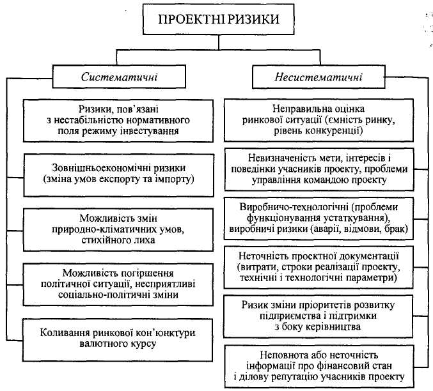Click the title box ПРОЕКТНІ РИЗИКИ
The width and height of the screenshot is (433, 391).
(x=218, y=19)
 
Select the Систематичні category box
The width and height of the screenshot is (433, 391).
(x=120, y=77)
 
